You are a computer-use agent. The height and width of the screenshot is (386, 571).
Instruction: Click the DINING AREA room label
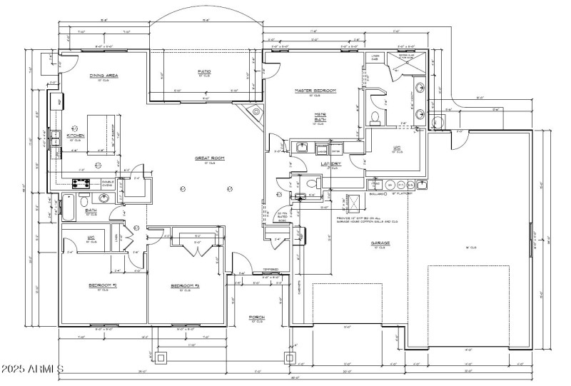pyautogui.click(x=103, y=75)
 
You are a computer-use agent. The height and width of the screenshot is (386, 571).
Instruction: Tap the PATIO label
pyautogui.click(x=204, y=72)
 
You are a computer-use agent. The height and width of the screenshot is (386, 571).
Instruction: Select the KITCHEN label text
pyautogui.click(x=76, y=135)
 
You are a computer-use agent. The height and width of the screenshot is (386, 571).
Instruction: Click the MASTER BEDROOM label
pyautogui.click(x=315, y=91)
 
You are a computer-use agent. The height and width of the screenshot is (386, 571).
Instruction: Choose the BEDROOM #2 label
pyautogui.click(x=103, y=285)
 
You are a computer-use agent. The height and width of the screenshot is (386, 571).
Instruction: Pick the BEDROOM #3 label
pyautogui.click(x=185, y=285)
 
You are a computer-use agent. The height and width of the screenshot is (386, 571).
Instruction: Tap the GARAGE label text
pyautogui.click(x=379, y=243)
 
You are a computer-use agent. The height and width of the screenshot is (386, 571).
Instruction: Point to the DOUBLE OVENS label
pyautogui.click(x=108, y=183)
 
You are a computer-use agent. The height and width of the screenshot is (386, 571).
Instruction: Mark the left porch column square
pyautogui.click(x=162, y=357)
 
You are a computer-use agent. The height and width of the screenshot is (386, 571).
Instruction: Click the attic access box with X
pyautogui.click(x=349, y=200)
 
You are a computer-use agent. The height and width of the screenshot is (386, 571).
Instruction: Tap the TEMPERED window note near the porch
pyautogui.click(x=270, y=270)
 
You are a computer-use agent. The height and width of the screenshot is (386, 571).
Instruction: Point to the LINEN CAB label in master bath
pyautogui.click(x=374, y=57)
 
